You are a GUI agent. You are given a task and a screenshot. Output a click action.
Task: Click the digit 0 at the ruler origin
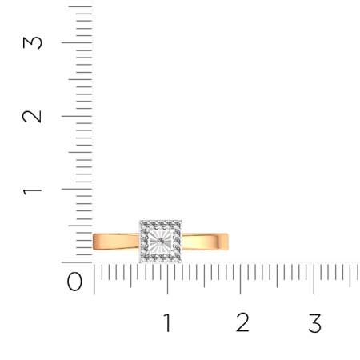74,282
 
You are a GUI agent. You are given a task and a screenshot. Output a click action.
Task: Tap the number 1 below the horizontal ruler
167,323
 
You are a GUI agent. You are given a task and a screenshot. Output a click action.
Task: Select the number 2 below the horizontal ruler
242,323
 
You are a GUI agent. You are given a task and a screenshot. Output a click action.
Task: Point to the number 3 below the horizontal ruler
314,323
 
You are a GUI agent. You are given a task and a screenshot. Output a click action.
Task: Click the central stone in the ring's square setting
162,240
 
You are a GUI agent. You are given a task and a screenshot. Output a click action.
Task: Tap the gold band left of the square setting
116,240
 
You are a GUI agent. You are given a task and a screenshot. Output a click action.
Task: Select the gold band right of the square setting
206,240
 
